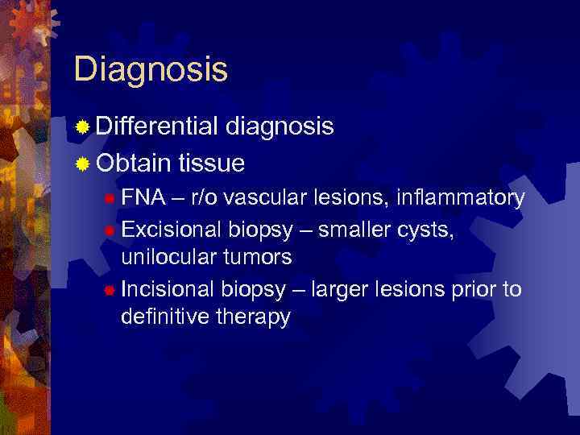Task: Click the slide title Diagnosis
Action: pyautogui.click(x=151, y=69)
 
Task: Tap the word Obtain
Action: pyautogui.click(x=134, y=164)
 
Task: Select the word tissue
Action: pyautogui.click(x=212, y=164)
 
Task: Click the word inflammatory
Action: pyautogui.click(x=458, y=198)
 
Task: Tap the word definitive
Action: pyautogui.click(x=164, y=317)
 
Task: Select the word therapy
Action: pyautogui.click(x=254, y=317)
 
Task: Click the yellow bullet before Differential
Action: pyautogui.click(x=82, y=127)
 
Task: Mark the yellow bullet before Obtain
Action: pyautogui.click(x=82, y=164)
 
